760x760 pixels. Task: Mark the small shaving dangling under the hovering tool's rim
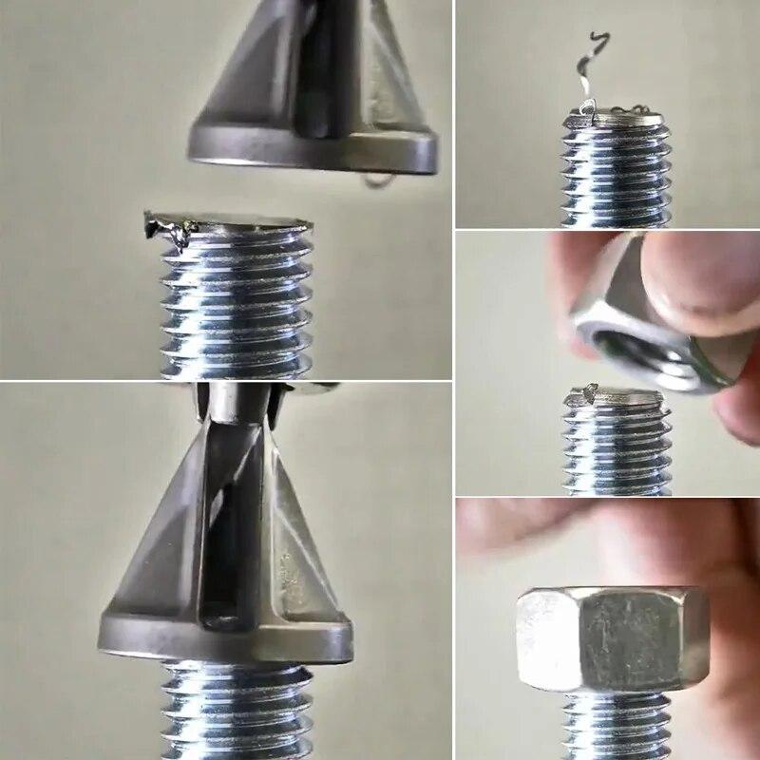pyautogui.click(x=377, y=178)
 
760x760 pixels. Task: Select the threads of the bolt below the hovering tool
pyautogui.click(x=237, y=304)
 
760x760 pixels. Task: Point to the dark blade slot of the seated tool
pyautogui.click(x=228, y=532)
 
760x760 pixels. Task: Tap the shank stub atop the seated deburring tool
pyautogui.click(x=233, y=404)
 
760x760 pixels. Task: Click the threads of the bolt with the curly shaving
pyautogui.click(x=616, y=176)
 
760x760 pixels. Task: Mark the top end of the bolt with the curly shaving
pyautogui.click(x=617, y=119)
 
